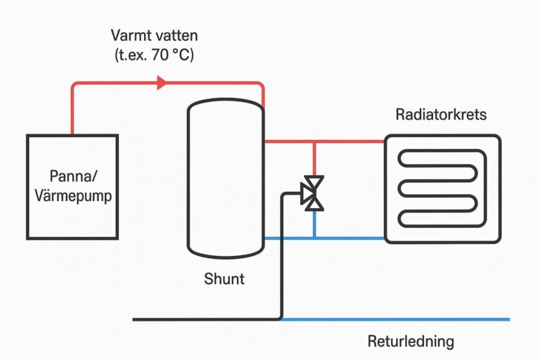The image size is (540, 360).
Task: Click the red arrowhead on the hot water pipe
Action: coord(162,83)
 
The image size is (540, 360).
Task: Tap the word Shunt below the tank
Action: coord(224,278)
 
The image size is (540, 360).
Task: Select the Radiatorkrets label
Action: coord(441,115)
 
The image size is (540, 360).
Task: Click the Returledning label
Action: coord(411,342)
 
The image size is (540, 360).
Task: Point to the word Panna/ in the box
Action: coord(73,176)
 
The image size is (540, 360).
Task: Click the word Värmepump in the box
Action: coord(73,196)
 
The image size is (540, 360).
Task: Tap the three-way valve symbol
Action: coord(312,193)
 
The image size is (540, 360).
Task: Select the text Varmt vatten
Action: coord(154,35)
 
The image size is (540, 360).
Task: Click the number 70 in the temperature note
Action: coord(160,55)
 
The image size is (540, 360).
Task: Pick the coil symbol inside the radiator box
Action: coord(442,188)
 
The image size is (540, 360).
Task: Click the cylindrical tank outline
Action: coord(188,179)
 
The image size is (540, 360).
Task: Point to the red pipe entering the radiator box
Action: coord(324,141)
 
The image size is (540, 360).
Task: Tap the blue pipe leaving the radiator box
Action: coord(324,238)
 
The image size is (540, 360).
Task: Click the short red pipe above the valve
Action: coord(314,159)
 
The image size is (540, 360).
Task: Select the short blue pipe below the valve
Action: coord(314,224)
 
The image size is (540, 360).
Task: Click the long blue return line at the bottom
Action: coord(395,319)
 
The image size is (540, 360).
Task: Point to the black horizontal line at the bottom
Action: coord(207,320)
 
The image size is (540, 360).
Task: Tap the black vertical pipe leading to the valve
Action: coord(282,257)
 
